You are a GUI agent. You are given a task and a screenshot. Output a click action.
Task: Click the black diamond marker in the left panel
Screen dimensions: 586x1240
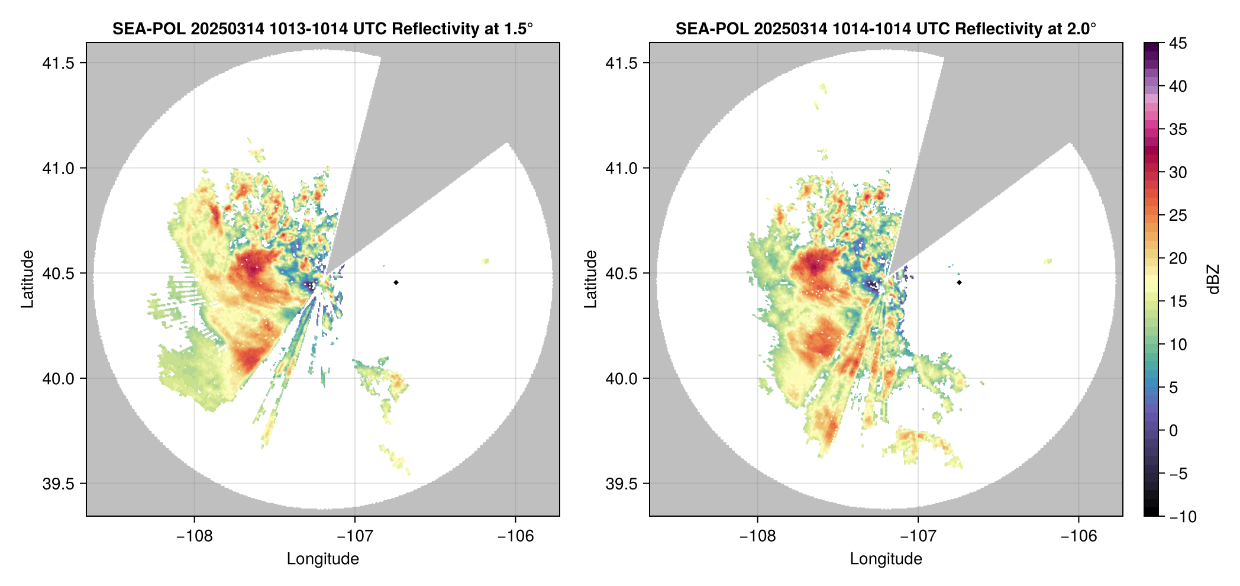396,282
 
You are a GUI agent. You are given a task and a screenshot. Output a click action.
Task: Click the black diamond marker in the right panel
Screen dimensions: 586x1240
959,282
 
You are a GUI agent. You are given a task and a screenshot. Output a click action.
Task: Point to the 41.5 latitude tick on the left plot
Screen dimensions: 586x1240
58,63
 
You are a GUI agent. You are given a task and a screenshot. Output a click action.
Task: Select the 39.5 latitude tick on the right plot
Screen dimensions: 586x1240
621,484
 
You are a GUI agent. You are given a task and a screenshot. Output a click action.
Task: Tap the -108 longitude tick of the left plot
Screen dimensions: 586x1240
194,536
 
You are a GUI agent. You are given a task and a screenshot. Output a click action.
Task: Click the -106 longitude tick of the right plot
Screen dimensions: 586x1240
1078,536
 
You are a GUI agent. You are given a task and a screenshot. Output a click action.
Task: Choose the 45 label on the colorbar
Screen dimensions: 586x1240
1178,43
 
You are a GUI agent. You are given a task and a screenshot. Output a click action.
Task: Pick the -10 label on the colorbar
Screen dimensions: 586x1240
1183,517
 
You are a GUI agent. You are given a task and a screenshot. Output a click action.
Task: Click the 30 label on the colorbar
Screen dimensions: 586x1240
1178,173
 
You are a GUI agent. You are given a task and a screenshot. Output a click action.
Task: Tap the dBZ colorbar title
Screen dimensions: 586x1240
1213,279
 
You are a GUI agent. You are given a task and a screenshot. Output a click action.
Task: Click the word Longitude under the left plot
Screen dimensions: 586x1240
323,559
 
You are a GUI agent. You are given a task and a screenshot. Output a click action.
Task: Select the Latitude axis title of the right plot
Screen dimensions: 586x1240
590,279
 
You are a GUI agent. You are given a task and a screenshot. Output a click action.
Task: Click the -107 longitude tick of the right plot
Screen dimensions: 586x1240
918,536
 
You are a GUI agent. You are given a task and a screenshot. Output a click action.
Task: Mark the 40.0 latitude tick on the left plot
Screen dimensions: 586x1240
58,379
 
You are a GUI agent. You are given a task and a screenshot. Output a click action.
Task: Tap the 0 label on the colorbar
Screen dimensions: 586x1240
1174,431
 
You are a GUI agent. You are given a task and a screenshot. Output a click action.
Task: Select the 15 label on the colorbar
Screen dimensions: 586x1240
1178,302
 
